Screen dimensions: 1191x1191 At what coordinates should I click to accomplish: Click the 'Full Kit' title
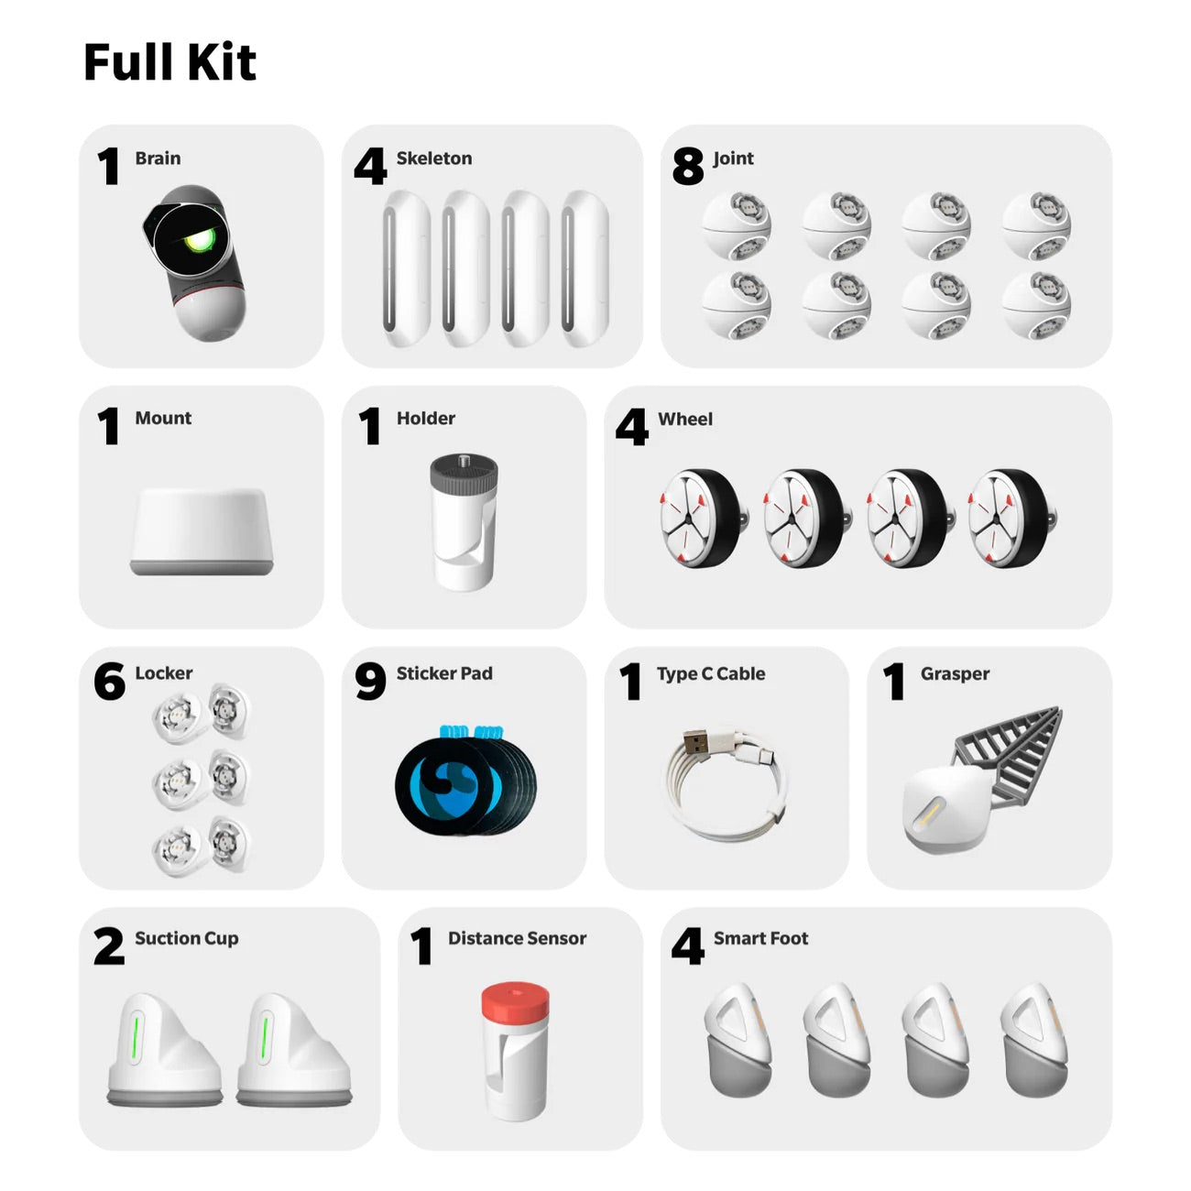click(x=169, y=62)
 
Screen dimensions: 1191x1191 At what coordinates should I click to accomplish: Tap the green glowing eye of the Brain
click(x=197, y=241)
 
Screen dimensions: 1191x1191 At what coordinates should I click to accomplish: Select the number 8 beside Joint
click(x=687, y=167)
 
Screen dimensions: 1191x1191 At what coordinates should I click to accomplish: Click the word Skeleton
click(x=433, y=158)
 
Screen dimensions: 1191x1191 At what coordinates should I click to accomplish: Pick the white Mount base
click(x=202, y=531)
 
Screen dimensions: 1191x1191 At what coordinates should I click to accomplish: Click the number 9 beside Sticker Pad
click(x=370, y=682)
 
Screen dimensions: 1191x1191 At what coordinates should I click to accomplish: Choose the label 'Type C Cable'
click(x=710, y=674)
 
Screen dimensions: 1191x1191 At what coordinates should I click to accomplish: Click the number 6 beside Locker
click(x=109, y=682)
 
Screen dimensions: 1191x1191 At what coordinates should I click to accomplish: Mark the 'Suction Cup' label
click(x=186, y=938)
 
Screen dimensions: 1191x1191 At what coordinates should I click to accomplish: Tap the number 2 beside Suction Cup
click(x=108, y=946)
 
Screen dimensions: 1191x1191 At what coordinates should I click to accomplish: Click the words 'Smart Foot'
click(x=760, y=938)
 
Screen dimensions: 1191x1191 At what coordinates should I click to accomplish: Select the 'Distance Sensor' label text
click(x=517, y=938)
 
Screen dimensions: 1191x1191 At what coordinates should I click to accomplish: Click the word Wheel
click(x=684, y=420)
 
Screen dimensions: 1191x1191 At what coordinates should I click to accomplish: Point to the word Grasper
click(x=955, y=674)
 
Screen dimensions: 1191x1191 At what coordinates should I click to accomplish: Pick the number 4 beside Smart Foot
click(x=687, y=946)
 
